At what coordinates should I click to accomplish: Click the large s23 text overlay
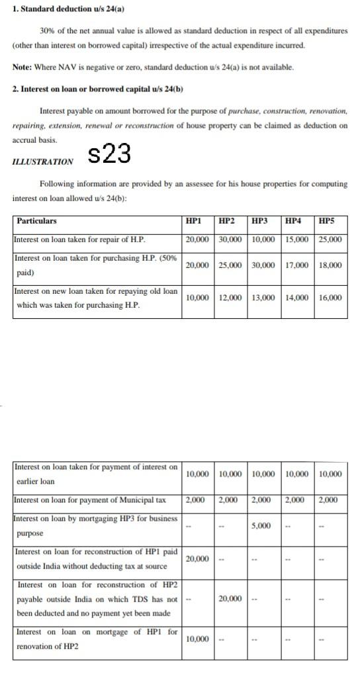point(109,154)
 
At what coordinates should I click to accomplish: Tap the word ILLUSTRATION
point(43,161)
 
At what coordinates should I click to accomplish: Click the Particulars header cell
point(37,221)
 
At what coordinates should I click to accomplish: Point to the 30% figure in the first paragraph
point(48,31)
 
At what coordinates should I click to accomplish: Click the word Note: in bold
point(23,67)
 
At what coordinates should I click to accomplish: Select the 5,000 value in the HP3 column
point(261,525)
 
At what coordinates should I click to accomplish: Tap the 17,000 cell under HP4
point(296,265)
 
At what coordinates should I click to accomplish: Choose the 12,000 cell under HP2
point(230,298)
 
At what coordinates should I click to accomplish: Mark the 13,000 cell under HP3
point(264,298)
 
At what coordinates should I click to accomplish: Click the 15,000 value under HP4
point(296,240)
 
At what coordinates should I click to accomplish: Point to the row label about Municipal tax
point(90,500)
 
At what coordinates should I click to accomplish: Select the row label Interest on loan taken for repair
point(79,240)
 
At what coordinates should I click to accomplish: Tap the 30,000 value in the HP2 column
point(230,240)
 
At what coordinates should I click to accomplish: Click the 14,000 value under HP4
point(296,298)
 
